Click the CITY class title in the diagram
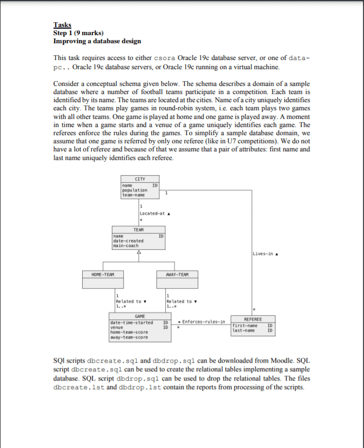click(139, 178)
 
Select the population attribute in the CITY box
click(131, 190)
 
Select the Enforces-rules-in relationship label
click(203, 323)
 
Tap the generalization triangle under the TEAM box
click(139, 251)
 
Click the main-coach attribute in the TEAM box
click(125, 245)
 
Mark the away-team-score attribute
click(128, 336)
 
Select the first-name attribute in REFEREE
click(244, 326)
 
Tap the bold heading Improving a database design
click(97, 41)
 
